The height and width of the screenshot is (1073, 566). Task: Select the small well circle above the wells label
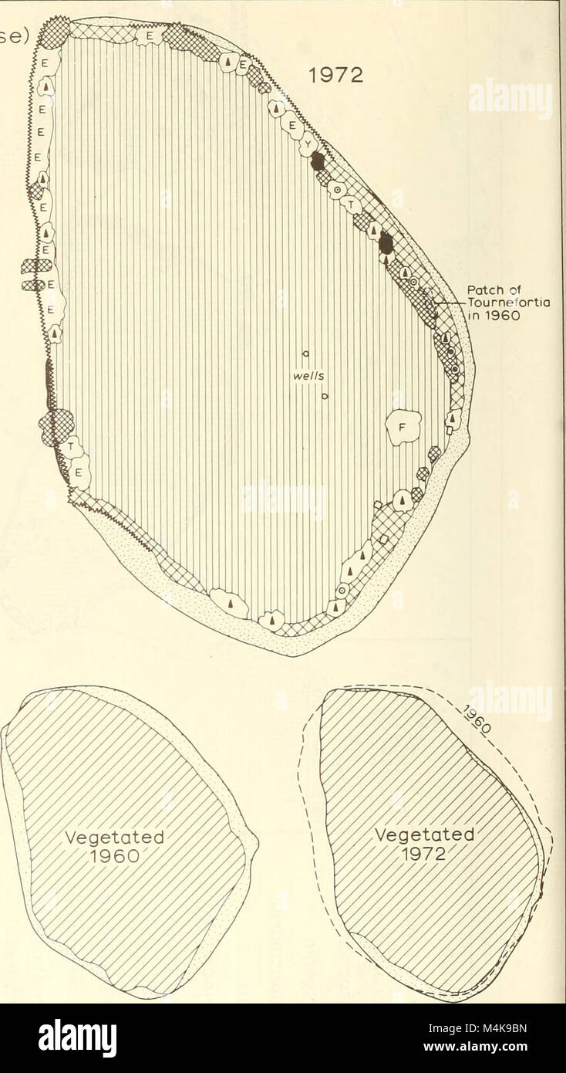tap(305, 354)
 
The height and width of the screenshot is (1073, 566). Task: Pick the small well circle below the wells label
tap(325, 398)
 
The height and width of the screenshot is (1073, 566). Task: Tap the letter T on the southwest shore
tap(71, 447)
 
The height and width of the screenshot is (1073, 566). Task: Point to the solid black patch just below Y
tap(317, 162)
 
